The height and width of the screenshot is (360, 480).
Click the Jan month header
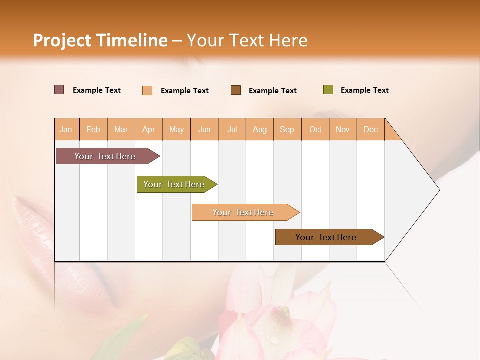[66, 129]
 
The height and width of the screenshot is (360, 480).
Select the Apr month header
[148, 129]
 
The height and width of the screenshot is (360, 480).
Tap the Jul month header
[232, 129]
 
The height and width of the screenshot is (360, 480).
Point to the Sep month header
[287, 129]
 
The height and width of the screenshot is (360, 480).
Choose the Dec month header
[370, 129]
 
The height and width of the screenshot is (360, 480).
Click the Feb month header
[93, 129]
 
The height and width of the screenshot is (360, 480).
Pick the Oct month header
[315, 129]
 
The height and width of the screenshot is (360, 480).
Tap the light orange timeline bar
[243, 212]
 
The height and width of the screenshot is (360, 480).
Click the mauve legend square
[59, 90]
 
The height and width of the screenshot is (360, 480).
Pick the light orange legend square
[147, 90]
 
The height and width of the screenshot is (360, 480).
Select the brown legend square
[236, 90]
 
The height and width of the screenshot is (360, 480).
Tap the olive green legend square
[328, 90]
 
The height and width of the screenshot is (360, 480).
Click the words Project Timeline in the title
[100, 40]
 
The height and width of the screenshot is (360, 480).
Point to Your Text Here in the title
[247, 40]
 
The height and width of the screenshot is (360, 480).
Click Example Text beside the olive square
[364, 90]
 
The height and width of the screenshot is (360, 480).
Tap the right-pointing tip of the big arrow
[438, 190]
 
